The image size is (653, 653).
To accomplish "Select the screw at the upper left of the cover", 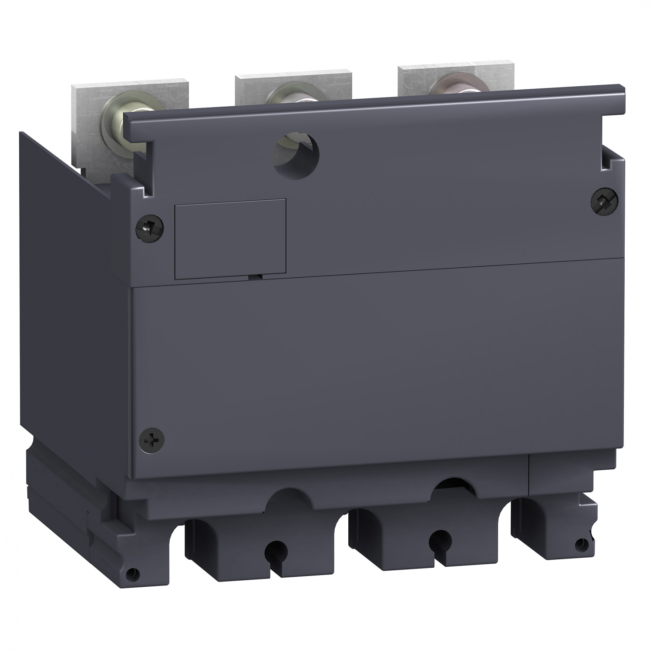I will pos(149,225).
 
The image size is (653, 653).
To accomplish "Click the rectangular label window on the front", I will pos(230,239).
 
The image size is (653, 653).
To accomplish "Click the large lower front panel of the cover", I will pos(370,370).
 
